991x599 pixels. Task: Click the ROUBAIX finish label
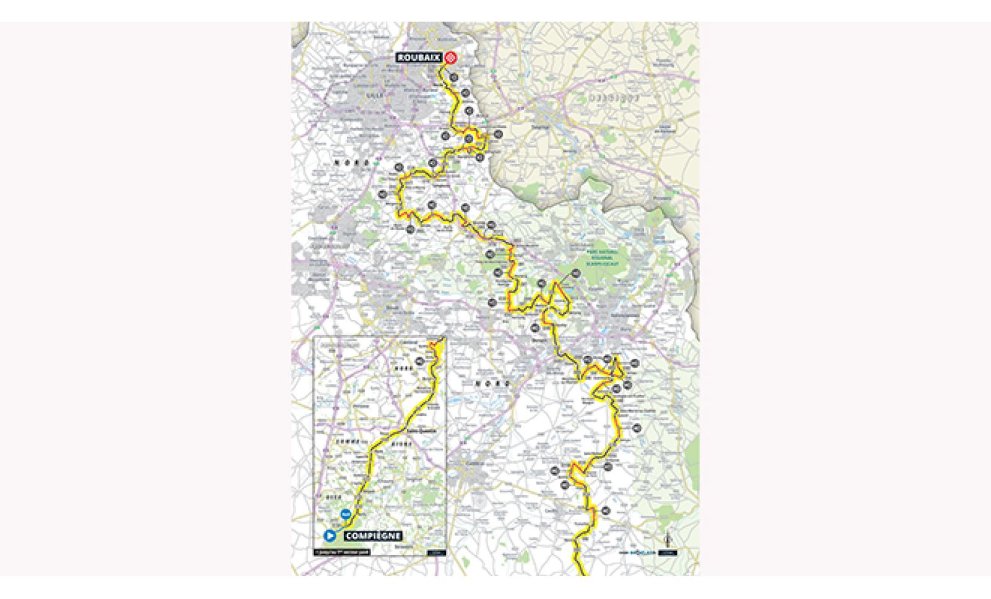click(419, 58)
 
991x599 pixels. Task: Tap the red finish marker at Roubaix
click(452, 58)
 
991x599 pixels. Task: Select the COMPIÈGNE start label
click(372, 536)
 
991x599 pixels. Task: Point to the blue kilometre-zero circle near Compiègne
click(346, 513)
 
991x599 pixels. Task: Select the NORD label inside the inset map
click(403, 369)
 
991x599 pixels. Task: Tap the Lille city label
click(372, 96)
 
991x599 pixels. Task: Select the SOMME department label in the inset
click(347, 442)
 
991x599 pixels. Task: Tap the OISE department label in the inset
click(333, 496)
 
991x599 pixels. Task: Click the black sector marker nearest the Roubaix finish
click(454, 77)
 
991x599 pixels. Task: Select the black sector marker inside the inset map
click(420, 361)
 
